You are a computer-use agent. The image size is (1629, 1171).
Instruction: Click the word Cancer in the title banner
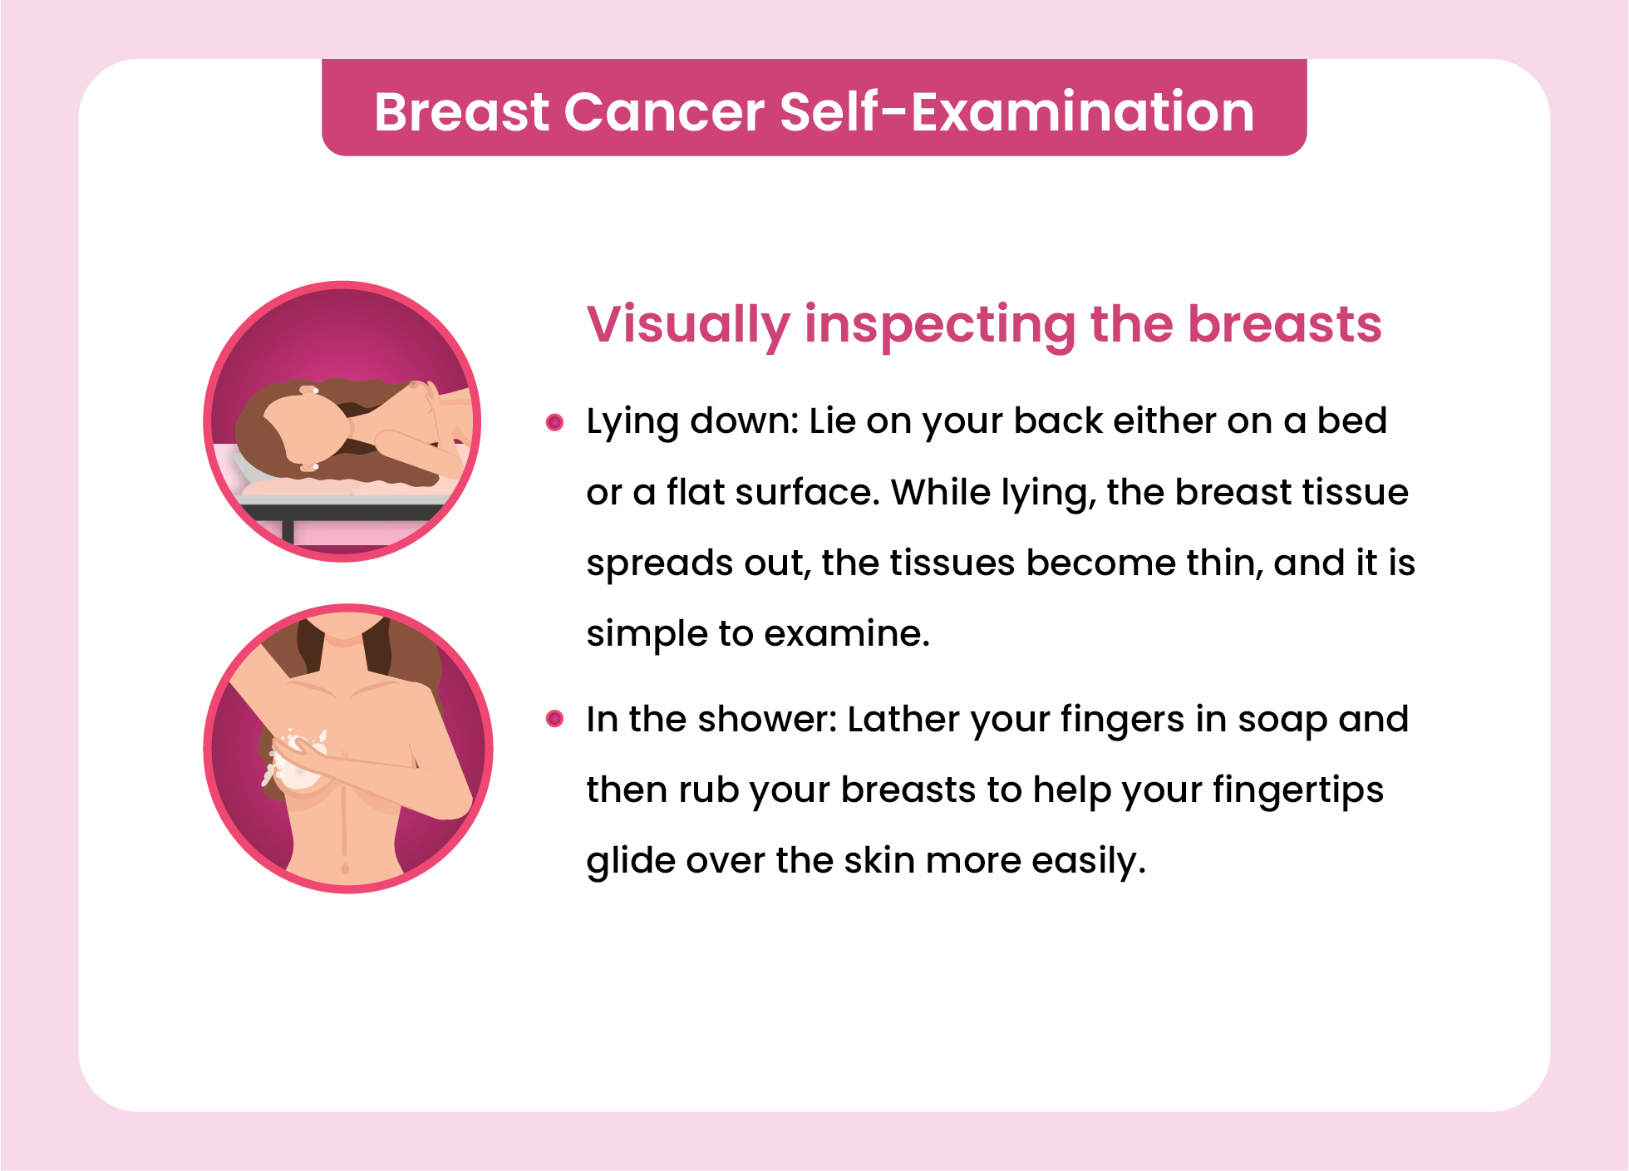664,111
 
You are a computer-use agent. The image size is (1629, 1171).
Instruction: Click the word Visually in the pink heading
688,325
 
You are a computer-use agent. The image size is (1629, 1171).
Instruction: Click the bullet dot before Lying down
554,422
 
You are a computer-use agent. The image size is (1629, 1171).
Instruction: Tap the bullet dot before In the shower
554,718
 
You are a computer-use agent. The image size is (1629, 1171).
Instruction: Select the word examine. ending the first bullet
846,633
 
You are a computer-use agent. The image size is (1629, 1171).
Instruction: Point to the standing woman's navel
345,868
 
